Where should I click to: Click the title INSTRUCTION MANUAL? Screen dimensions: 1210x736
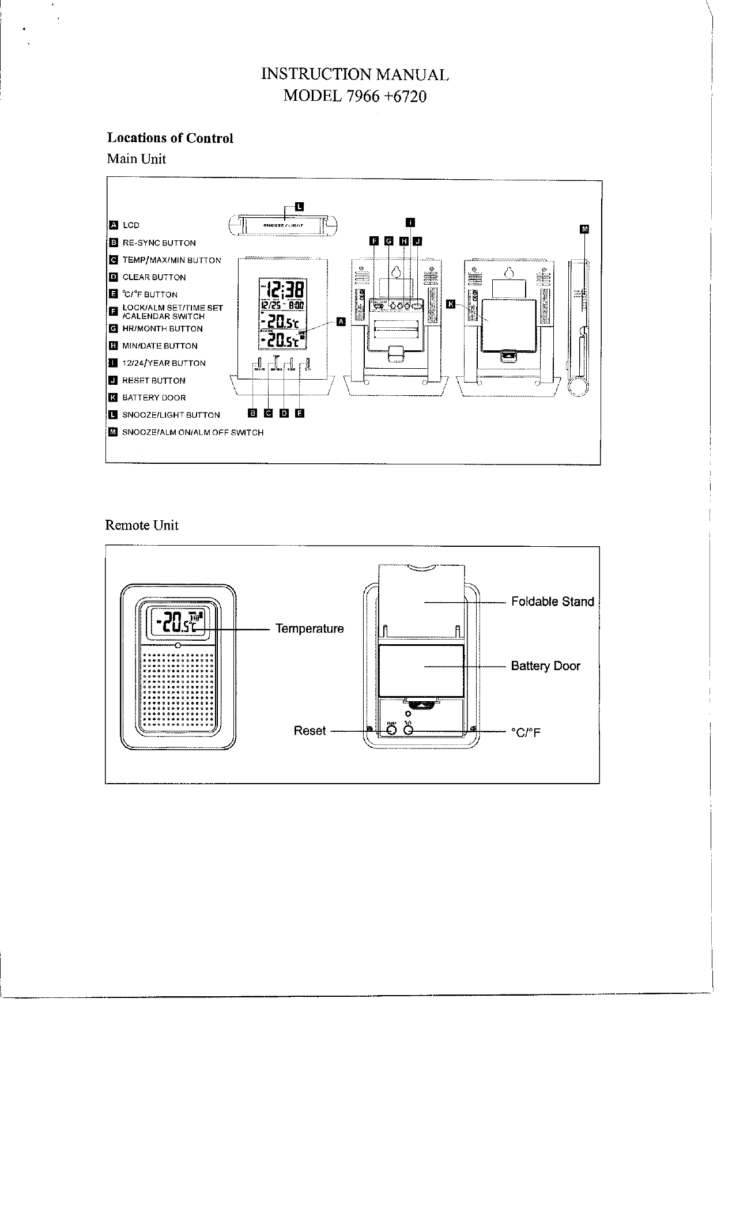(354, 74)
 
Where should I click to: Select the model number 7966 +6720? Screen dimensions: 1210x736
(354, 96)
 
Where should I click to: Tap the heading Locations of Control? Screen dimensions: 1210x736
(170, 138)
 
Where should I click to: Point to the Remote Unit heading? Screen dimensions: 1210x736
(142, 525)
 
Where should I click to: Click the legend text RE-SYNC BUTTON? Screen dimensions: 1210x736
(159, 243)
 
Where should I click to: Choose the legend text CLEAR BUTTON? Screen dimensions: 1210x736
(154, 278)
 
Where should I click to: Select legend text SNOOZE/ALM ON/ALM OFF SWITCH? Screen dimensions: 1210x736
(193, 433)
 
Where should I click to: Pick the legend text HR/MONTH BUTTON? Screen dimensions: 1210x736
(163, 329)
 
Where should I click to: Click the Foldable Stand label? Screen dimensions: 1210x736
(552, 602)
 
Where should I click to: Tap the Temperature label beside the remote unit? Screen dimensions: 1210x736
(310, 629)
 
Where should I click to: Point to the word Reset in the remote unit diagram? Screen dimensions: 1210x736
(310, 731)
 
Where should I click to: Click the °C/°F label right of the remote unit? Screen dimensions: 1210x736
(526, 733)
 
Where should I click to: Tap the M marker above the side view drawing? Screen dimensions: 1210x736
(585, 229)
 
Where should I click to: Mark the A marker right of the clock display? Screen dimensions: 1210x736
(341, 321)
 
